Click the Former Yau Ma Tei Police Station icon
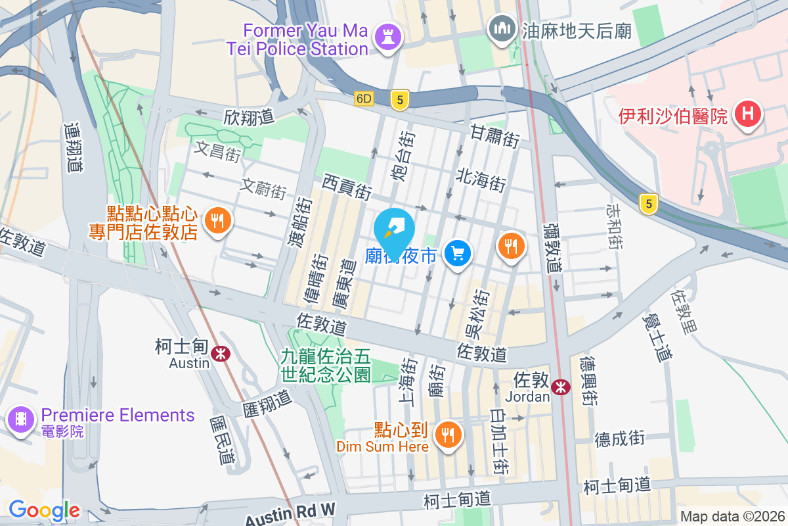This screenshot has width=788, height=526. click(387, 37)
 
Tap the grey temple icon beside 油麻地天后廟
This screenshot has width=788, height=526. click(503, 30)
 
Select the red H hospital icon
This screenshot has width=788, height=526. click(747, 115)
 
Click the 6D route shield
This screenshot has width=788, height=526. click(364, 99)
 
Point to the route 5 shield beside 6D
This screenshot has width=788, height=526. click(399, 100)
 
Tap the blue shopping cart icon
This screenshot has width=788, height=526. click(458, 253)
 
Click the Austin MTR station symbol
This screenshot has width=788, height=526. click(221, 353)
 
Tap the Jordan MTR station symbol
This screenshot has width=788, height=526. click(561, 387)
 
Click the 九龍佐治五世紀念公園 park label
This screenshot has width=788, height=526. click(326, 366)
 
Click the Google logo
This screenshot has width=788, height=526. click(44, 510)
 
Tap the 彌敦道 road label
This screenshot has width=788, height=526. click(553, 247)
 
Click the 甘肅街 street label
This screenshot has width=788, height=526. click(494, 136)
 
